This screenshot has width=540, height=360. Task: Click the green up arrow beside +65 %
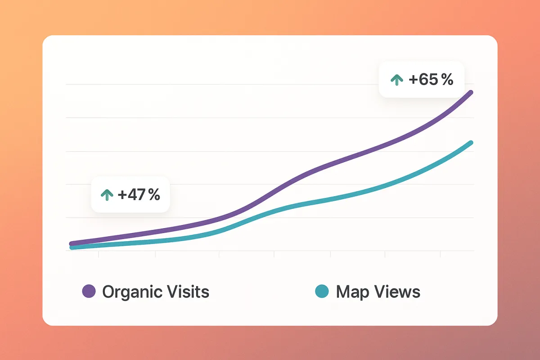(x=396, y=80)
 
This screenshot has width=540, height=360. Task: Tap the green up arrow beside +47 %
(x=107, y=195)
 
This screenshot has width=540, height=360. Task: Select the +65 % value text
(x=431, y=80)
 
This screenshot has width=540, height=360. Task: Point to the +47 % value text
(x=139, y=195)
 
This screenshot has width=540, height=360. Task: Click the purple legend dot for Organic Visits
(x=89, y=291)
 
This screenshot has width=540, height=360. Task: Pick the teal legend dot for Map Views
(x=322, y=291)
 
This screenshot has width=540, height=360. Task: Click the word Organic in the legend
(x=132, y=292)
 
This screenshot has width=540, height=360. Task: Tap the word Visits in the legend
(x=188, y=292)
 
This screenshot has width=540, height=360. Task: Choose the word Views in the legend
(x=397, y=292)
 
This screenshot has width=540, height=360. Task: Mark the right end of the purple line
(x=471, y=92)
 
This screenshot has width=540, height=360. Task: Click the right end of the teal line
(x=471, y=143)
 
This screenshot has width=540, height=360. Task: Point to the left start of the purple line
(x=71, y=243)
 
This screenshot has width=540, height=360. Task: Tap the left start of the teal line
(x=71, y=247)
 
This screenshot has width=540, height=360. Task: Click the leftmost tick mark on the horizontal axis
(x=99, y=254)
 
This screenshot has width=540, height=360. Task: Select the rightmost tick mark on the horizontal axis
(x=440, y=254)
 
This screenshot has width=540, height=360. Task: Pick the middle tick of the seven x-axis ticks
(x=274, y=254)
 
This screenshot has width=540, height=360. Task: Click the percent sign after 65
(x=447, y=80)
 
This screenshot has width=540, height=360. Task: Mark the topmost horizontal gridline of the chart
(x=270, y=84)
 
